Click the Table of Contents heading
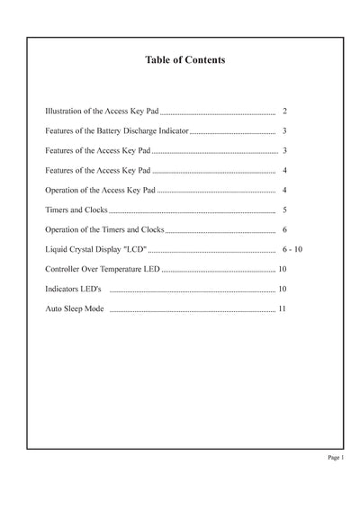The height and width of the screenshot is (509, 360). (184, 60)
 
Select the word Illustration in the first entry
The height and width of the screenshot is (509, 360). (67, 112)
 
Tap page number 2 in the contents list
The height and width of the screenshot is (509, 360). (283, 112)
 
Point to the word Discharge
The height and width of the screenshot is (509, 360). (151, 131)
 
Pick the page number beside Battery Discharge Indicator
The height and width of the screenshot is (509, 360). (283, 131)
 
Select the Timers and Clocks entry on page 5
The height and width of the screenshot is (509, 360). (76, 210)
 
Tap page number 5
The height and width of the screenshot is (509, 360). (283, 210)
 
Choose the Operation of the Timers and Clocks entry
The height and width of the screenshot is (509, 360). (104, 230)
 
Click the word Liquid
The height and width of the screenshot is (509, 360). (57, 250)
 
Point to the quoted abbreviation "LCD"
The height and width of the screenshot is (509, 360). (131, 250)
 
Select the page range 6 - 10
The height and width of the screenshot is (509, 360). (292, 250)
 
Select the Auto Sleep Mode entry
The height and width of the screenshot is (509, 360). (75, 309)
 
